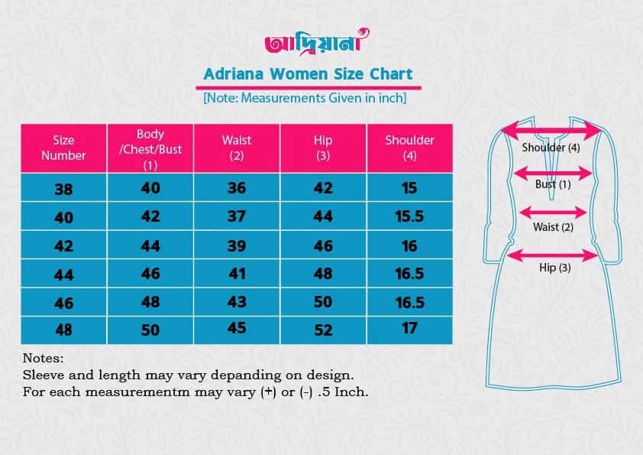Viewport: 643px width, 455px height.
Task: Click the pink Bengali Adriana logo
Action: click(x=317, y=42)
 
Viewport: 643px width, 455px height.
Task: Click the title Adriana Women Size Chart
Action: click(x=308, y=74)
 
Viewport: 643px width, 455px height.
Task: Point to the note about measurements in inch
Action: click(x=305, y=98)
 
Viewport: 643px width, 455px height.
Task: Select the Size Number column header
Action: click(x=63, y=148)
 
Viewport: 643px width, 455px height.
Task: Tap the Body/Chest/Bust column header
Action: click(x=150, y=149)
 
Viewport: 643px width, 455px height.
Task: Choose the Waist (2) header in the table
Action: click(x=237, y=148)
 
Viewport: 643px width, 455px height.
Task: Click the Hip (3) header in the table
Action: click(x=323, y=148)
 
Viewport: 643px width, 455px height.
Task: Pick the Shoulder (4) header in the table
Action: click(x=409, y=148)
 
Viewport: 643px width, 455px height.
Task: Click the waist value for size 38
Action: click(x=237, y=188)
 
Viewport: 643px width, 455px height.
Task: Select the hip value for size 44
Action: click(x=323, y=274)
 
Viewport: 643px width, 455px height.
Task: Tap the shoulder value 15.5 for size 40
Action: click(x=409, y=216)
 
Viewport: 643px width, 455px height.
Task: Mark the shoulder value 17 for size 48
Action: click(x=409, y=328)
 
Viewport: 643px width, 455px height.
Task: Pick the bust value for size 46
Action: click(x=150, y=302)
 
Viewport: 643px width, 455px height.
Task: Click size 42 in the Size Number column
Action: click(x=63, y=246)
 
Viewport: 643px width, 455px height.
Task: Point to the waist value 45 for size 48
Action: click(x=237, y=328)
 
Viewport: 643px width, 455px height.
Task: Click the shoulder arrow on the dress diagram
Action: click(x=552, y=131)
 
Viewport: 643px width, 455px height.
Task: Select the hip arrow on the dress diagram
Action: click(x=552, y=255)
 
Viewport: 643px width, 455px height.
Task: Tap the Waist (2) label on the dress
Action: click(x=553, y=227)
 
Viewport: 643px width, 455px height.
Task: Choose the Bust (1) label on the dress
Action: click(x=553, y=184)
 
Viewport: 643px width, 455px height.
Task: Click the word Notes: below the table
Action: click(x=43, y=358)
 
